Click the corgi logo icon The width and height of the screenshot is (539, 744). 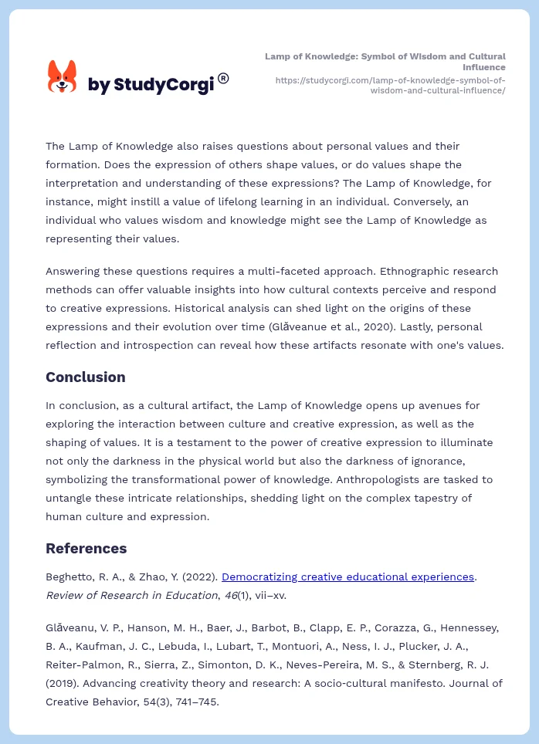63,76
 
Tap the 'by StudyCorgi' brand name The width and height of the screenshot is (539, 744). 151,85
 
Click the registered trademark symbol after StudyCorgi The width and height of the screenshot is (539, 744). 223,78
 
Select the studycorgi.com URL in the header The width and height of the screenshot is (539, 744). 390,85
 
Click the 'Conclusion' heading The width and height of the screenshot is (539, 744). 85,377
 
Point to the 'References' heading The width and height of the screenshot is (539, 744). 86,549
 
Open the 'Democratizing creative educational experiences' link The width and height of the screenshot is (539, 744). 347,577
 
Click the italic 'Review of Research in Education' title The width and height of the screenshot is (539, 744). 131,595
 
